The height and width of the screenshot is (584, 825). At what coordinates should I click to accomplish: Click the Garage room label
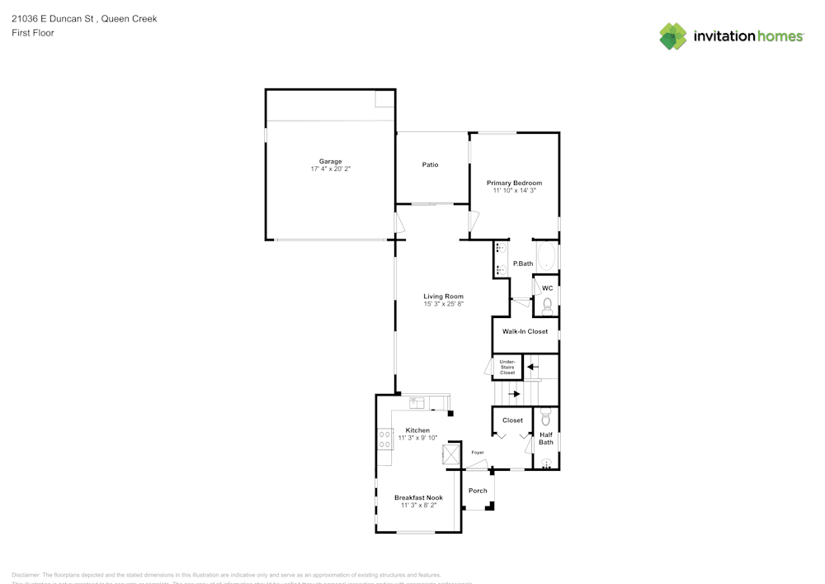330,161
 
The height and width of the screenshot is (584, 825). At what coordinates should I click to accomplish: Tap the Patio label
430,164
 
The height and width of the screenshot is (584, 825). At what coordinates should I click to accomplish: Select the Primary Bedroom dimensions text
514,191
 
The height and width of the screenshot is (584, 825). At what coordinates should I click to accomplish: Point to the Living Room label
443,296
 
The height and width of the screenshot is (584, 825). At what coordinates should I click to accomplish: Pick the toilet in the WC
547,306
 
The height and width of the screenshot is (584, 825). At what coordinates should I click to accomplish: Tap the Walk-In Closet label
525,331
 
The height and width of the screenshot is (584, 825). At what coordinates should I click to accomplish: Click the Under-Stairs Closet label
507,367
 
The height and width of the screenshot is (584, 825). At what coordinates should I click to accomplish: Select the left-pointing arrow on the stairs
532,366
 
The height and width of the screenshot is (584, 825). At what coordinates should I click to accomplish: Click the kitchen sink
417,403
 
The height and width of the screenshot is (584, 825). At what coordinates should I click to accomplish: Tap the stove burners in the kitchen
384,439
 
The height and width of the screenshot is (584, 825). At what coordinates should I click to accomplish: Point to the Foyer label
478,453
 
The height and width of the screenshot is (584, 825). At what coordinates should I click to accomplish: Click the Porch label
478,490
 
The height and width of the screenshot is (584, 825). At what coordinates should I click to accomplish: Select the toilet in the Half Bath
545,418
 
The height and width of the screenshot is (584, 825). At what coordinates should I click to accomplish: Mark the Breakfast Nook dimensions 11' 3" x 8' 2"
418,505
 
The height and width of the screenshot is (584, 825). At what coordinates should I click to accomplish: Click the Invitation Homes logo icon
673,36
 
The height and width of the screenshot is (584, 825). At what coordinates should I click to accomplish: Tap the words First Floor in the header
33,33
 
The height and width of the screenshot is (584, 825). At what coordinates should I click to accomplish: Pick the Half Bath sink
545,463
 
